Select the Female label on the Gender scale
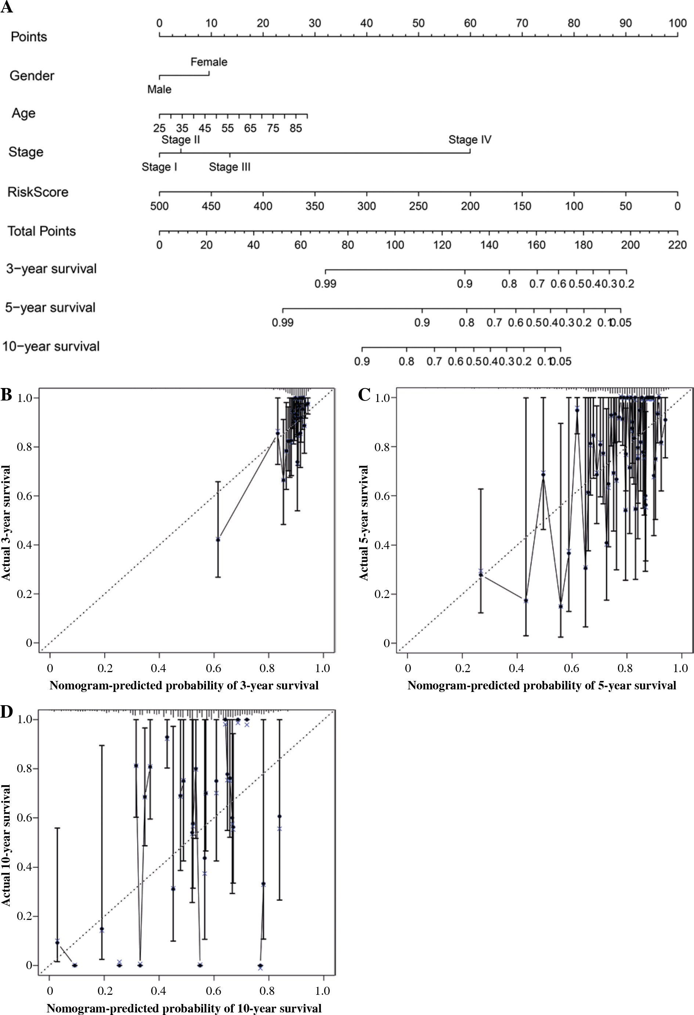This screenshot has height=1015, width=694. click(x=209, y=62)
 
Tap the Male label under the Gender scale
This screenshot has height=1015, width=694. click(x=159, y=90)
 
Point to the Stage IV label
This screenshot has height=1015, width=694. click(x=470, y=140)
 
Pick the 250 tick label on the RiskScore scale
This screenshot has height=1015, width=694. click(x=418, y=206)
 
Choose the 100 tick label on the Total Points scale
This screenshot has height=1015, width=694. click(x=395, y=245)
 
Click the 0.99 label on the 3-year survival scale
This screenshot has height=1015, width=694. click(x=325, y=284)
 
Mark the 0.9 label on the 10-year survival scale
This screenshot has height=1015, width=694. click(x=362, y=362)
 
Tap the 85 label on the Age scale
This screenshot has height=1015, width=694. click(x=296, y=128)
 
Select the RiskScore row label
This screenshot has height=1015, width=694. click(x=38, y=192)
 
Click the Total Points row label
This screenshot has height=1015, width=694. click(x=41, y=231)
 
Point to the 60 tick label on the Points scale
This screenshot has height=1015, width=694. click(x=470, y=23)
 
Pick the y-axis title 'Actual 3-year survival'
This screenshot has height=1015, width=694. click(x=6, y=523)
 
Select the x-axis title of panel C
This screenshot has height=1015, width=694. click(x=542, y=686)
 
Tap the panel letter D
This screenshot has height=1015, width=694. click(x=6, y=712)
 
